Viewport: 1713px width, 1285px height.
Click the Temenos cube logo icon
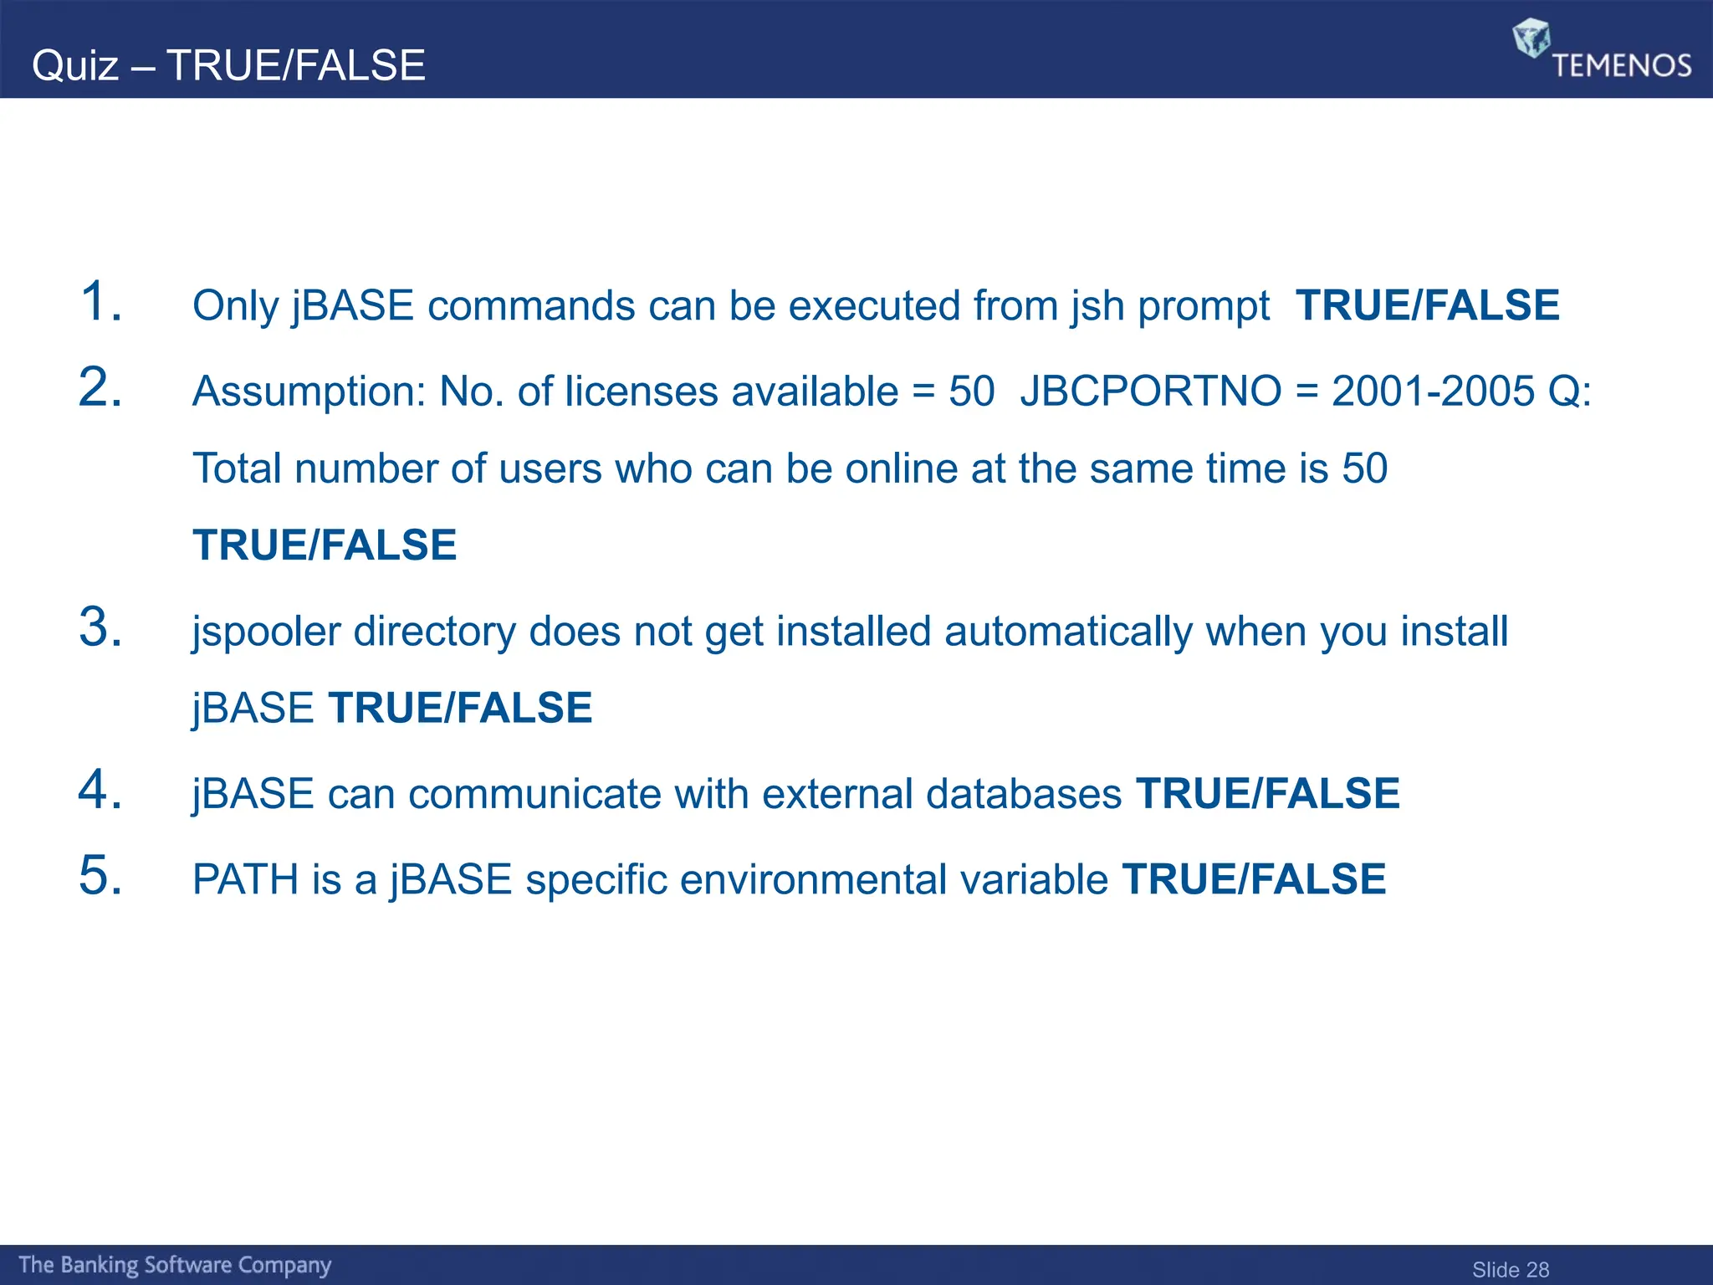click(1531, 38)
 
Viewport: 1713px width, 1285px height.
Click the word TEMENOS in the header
click(1622, 65)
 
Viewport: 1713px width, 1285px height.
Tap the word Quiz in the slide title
click(75, 65)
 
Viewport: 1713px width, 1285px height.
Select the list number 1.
click(100, 301)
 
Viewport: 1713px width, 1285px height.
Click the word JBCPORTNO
click(1150, 391)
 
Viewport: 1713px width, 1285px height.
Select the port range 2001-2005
click(1432, 391)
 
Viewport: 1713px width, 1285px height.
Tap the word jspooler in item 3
click(266, 632)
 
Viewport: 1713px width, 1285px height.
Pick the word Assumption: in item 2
click(309, 392)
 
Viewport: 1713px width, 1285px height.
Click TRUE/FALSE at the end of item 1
click(1427, 305)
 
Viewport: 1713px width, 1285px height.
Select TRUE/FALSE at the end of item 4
click(1267, 793)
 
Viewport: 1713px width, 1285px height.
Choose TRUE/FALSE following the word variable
click(1254, 879)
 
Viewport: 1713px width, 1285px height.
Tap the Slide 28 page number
click(1510, 1269)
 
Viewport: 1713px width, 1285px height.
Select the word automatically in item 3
click(1068, 631)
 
